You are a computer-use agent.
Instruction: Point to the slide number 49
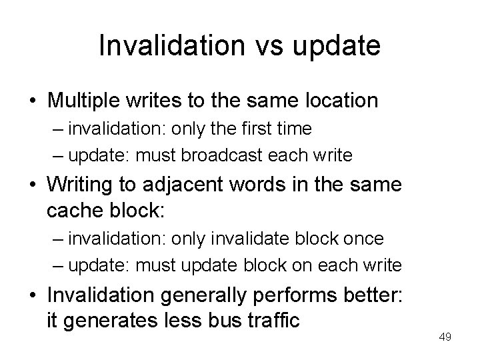(x=445, y=337)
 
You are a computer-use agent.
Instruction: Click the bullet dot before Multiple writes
(x=32, y=101)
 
